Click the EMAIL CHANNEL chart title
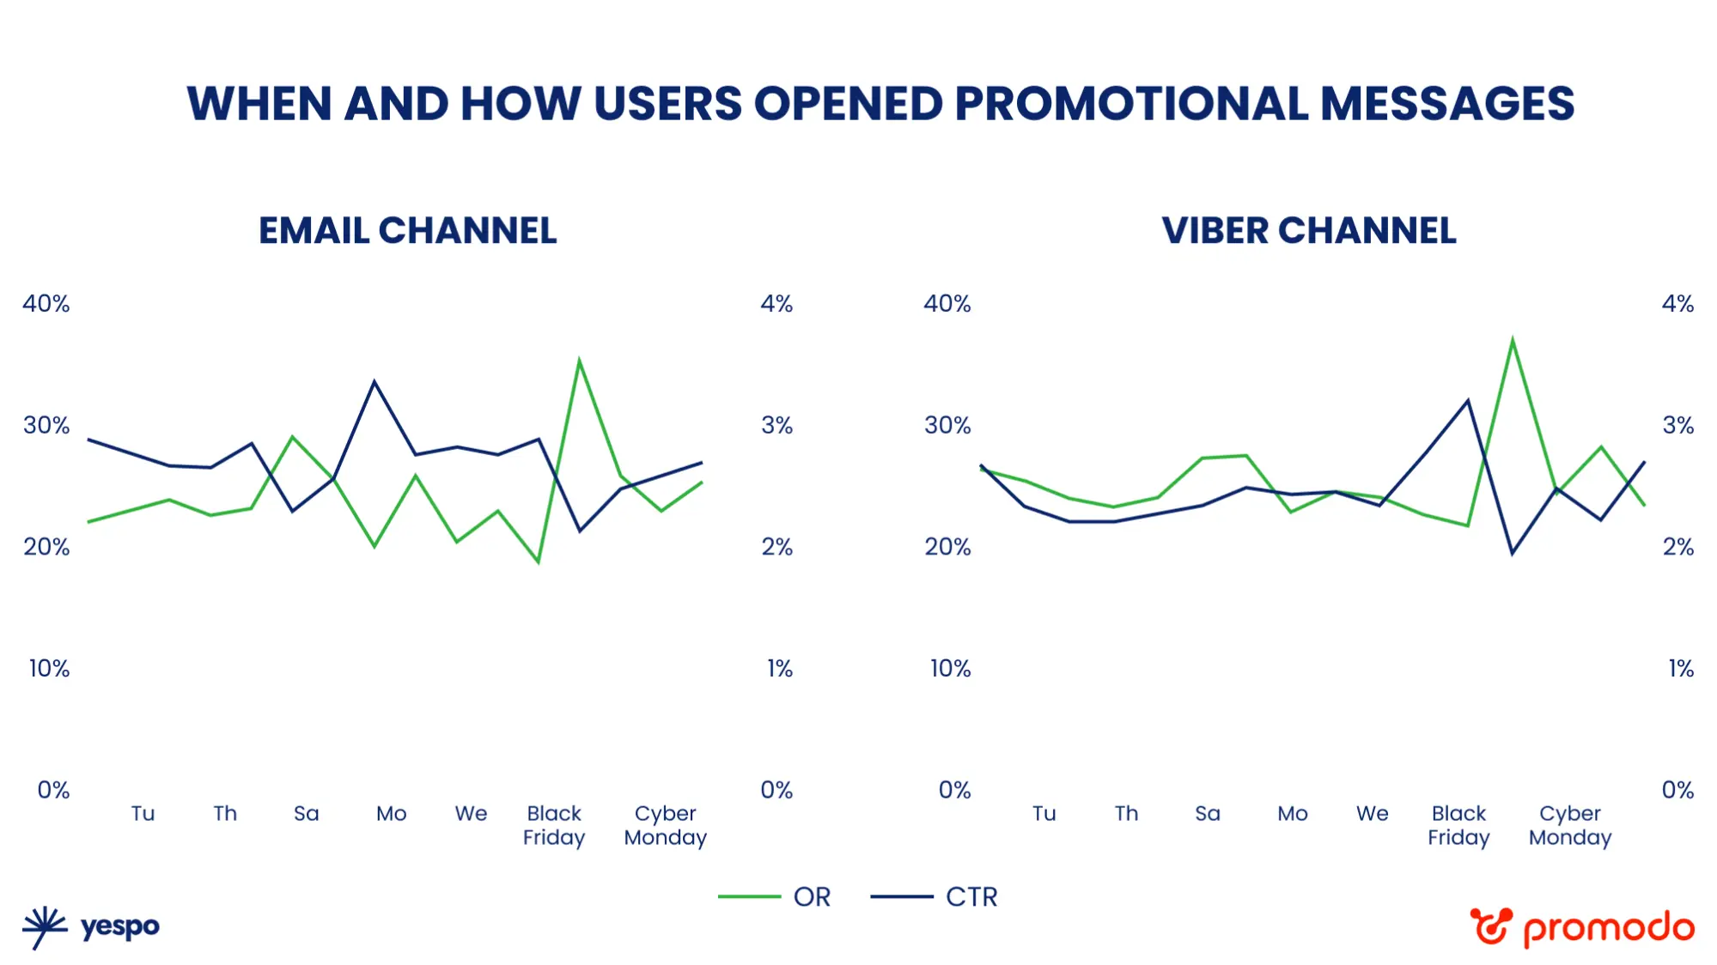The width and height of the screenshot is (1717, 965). [407, 231]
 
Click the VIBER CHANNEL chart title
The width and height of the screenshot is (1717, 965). [1308, 231]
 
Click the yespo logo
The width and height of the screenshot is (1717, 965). [91, 927]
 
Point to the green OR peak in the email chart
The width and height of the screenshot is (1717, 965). [579, 361]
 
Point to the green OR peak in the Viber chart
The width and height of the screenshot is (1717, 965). [1512, 340]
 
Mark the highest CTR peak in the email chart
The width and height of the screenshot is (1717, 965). [374, 381]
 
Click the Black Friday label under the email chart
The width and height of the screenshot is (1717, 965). [554, 825]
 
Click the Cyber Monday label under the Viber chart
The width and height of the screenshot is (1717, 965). [1569, 825]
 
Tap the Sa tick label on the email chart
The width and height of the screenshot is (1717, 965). [306, 813]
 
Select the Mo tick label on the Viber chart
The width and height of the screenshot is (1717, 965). [1292, 813]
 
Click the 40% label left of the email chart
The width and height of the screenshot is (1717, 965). [46, 304]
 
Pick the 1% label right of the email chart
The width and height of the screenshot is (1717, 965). [779, 669]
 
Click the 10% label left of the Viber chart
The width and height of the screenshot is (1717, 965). [950, 669]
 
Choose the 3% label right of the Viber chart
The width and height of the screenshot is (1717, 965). [1677, 426]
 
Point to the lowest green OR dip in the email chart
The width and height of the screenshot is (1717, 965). [539, 562]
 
